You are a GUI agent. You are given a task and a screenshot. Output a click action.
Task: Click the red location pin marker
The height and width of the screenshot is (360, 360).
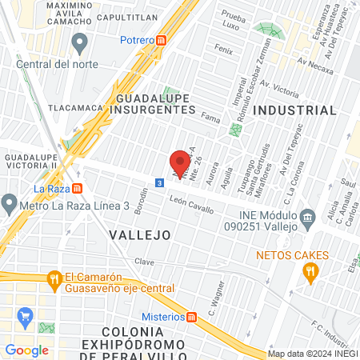181,162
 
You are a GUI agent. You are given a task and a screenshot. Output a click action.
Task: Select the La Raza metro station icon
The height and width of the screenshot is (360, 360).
77,189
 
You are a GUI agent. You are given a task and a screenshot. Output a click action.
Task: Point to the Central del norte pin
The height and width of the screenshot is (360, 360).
79,41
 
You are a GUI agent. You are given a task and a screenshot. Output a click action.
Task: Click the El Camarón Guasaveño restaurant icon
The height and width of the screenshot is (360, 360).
54,279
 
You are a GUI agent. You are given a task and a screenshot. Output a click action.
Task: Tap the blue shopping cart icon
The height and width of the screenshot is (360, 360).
26,315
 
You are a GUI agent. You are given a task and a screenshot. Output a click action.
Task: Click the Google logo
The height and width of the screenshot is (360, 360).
26,350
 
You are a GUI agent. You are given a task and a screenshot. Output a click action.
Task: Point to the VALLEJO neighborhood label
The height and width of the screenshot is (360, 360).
141,235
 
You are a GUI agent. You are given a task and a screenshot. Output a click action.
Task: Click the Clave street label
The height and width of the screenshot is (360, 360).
144,262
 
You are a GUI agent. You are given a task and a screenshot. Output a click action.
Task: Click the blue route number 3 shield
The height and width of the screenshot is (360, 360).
160,183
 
